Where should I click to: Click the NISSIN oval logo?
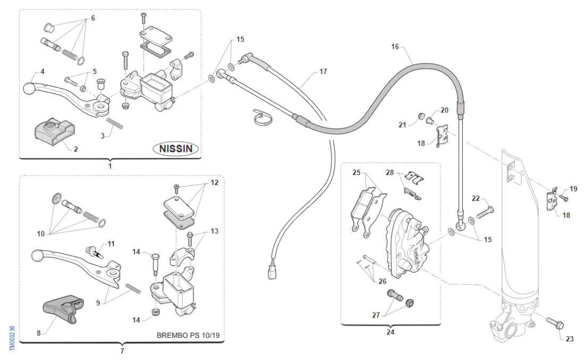tap(176, 149)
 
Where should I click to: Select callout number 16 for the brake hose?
tap(395, 47)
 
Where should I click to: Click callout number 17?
tap(323, 71)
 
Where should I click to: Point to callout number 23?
tap(570, 339)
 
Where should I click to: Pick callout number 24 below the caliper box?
tap(390, 332)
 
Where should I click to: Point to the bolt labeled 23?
tap(554, 323)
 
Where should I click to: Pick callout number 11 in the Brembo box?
tap(111, 244)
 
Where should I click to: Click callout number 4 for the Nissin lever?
tap(42, 71)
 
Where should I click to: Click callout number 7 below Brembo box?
tap(122, 351)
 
